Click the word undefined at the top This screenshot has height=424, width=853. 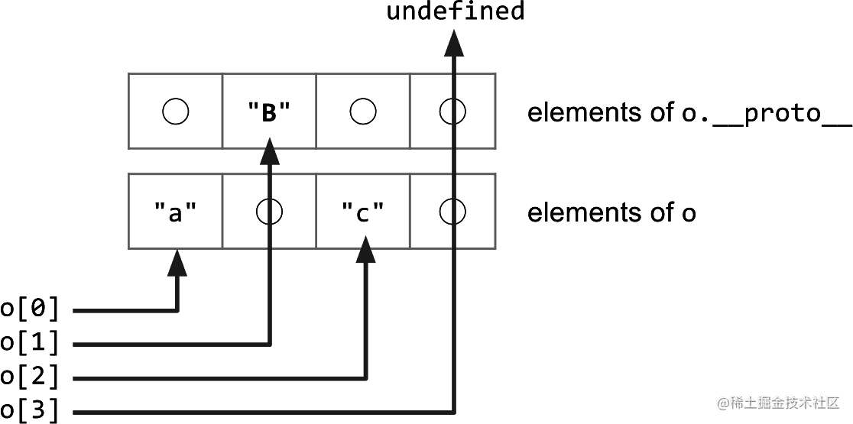[x=455, y=12]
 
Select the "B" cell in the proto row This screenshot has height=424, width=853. [x=269, y=112]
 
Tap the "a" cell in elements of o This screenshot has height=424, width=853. [x=176, y=212]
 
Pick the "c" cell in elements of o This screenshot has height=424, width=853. [x=362, y=212]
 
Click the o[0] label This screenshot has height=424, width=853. [x=30, y=309]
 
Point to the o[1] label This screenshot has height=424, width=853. [x=30, y=344]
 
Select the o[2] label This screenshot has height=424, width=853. [x=30, y=377]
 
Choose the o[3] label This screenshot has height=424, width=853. [x=30, y=411]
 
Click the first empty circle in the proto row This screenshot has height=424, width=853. [x=176, y=112]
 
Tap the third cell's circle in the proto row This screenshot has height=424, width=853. [x=362, y=112]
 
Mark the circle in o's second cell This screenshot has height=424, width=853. [x=269, y=212]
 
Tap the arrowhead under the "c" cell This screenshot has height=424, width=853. [x=367, y=249]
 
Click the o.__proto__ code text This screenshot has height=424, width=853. [x=766, y=113]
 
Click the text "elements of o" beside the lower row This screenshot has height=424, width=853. [x=611, y=212]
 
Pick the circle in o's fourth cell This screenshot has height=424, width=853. [x=452, y=212]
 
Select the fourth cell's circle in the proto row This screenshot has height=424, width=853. [x=452, y=112]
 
